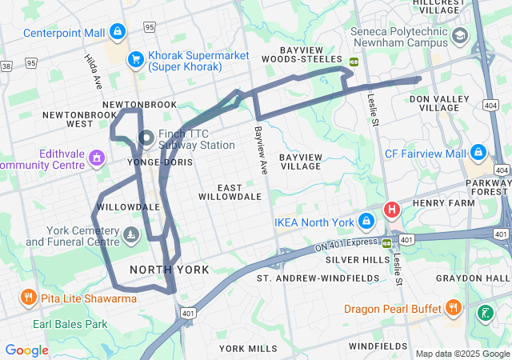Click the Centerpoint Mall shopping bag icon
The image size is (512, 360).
tap(118, 33)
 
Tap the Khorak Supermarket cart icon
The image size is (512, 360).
tap(136, 59)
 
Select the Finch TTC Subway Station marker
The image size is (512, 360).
tap(146, 138)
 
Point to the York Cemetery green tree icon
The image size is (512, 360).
tap(132, 234)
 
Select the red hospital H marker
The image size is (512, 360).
tap(391, 210)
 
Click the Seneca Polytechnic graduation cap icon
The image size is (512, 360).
tap(460, 36)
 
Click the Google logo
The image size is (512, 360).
tap(26, 350)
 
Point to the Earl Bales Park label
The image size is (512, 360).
tap(70, 325)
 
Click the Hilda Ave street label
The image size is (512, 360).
tap(94, 71)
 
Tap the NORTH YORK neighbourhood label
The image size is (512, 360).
tap(169, 270)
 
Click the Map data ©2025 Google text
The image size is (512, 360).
tap(462, 354)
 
